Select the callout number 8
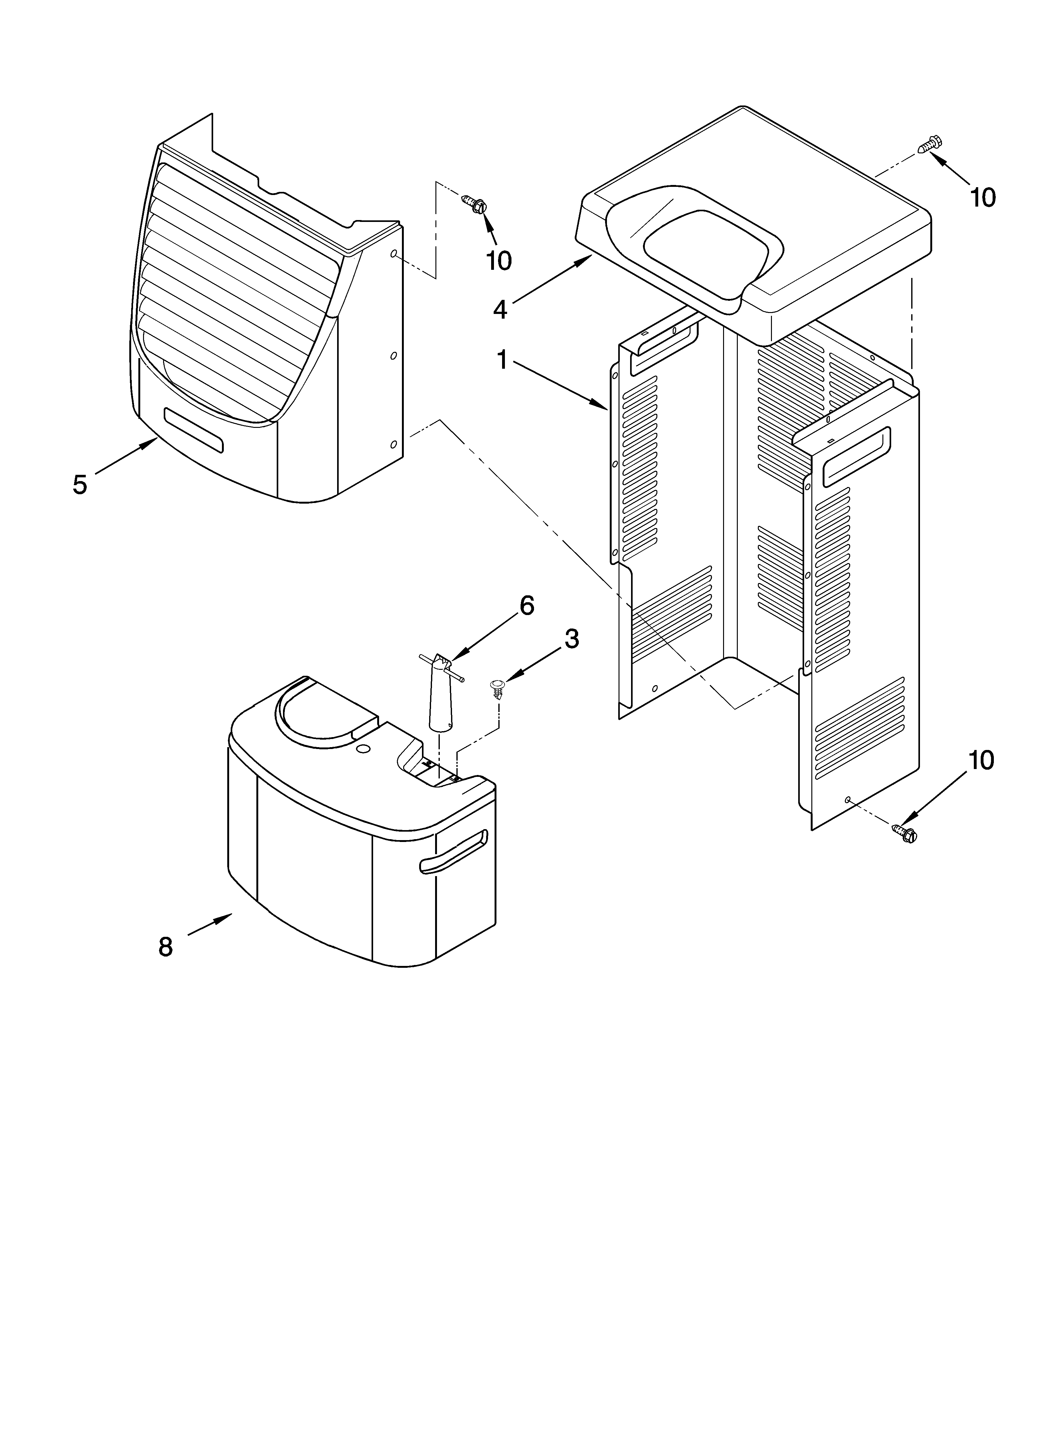click(165, 947)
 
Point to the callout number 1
click(502, 361)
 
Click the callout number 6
click(527, 605)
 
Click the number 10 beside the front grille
click(498, 260)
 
